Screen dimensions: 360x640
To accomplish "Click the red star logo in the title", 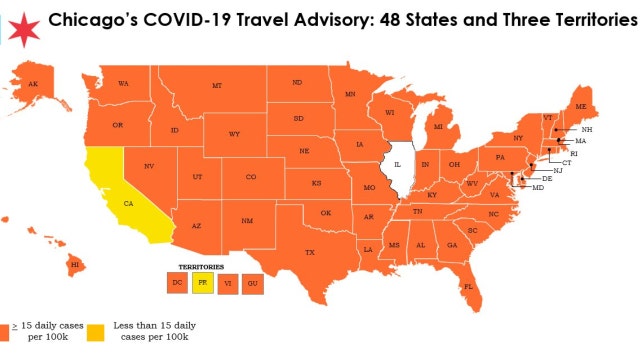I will click(22, 25).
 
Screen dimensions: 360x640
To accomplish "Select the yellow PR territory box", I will click(202, 284).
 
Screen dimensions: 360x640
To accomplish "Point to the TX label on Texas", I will click(310, 253).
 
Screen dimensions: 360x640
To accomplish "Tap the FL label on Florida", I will click(467, 287).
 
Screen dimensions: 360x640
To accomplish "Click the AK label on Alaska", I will click(33, 83).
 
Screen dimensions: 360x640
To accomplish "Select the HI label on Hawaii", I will click(74, 264).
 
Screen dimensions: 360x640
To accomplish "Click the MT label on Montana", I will click(216, 87).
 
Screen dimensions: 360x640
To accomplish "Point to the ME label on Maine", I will click(580, 106).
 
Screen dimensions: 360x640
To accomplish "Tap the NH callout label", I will click(587, 130).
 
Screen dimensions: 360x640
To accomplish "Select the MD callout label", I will click(537, 188).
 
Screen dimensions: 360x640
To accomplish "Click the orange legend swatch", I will click(6, 328).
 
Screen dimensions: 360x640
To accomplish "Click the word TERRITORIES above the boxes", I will click(201, 268).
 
